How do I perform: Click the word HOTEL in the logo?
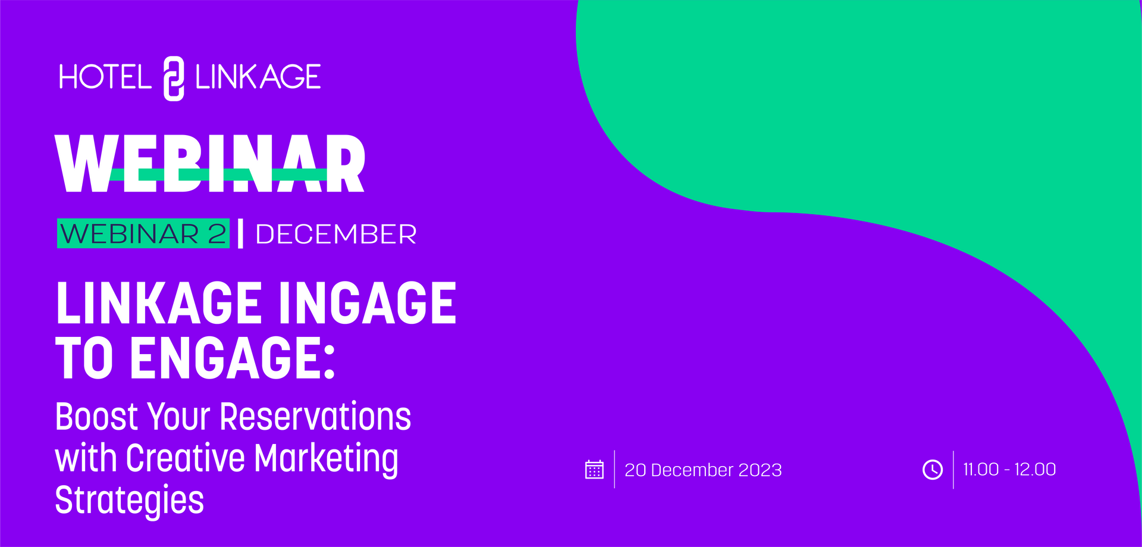coord(105,77)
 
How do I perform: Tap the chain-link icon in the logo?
coord(174,79)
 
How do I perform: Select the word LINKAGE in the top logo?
coord(258,77)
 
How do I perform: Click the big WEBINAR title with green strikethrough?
coord(209,163)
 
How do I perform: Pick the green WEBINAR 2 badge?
coord(143,233)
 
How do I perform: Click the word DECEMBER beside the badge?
coord(335,234)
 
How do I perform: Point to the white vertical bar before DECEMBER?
coord(240,233)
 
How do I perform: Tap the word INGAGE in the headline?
coord(367,304)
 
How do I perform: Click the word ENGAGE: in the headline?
coord(233,358)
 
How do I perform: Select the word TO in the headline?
coord(84,358)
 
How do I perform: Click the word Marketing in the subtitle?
coord(326,459)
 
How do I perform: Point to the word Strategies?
coord(129,500)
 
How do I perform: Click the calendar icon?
coord(594,470)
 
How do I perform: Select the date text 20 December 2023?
coord(703,470)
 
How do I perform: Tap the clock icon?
coord(932,470)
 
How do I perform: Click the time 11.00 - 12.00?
coord(1009,470)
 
